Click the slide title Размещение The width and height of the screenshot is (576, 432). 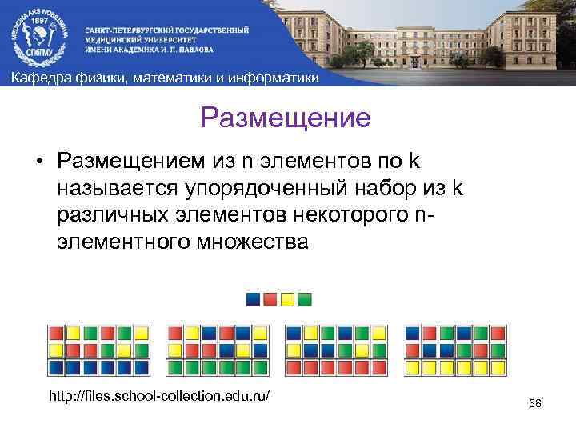pyautogui.click(x=286, y=118)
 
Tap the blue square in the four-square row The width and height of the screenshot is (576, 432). pyautogui.click(x=253, y=300)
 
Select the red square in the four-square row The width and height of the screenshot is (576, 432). pyautogui.click(x=270, y=300)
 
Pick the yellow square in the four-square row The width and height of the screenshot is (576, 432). pyautogui.click(x=287, y=300)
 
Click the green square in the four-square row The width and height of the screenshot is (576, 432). pyautogui.click(x=305, y=300)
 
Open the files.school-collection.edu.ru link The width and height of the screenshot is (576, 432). pyautogui.click(x=159, y=396)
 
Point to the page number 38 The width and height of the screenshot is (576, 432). pyautogui.click(x=535, y=403)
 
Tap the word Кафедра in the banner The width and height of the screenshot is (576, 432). pyautogui.click(x=37, y=78)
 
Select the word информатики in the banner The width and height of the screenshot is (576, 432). pyautogui.click(x=276, y=78)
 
